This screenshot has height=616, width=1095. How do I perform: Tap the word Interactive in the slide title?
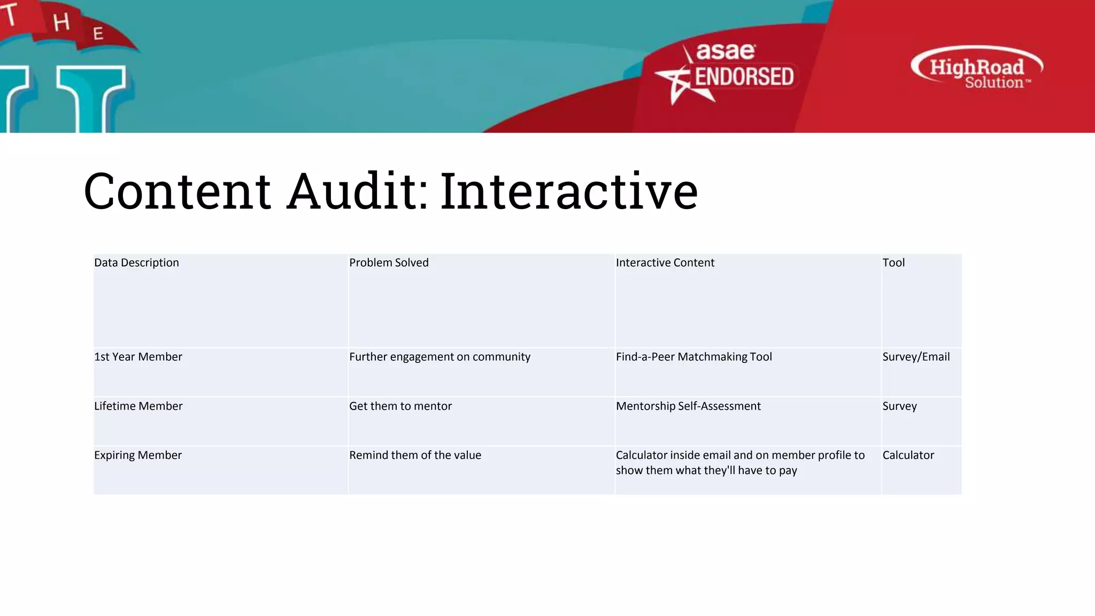click(x=569, y=191)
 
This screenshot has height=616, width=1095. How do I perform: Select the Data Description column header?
click(x=136, y=263)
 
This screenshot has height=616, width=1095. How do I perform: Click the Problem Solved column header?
click(x=389, y=263)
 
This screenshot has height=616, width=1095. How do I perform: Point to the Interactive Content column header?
click(x=665, y=263)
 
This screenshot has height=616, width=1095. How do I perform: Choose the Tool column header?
click(x=893, y=263)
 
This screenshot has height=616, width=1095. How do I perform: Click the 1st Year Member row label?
click(x=138, y=357)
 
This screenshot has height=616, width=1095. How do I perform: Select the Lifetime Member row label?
click(x=138, y=406)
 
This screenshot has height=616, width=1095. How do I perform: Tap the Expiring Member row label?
click(x=138, y=455)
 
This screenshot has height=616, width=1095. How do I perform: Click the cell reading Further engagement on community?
click(x=439, y=357)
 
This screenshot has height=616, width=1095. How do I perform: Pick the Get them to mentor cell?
click(x=400, y=406)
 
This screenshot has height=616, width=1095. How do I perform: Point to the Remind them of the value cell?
click(x=415, y=455)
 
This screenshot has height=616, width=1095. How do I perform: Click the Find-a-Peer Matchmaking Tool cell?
click(x=693, y=357)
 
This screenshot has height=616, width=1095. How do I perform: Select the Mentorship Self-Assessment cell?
click(x=688, y=406)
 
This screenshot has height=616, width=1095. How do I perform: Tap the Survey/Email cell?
click(x=916, y=357)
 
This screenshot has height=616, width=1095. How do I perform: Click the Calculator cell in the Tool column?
click(x=908, y=455)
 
